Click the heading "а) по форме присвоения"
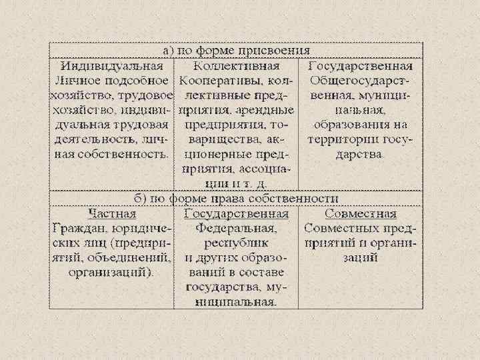[x=237, y=51]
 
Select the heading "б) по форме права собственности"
[x=237, y=199]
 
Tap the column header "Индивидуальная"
[x=112, y=66]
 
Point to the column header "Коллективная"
[x=237, y=66]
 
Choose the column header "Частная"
[x=112, y=214]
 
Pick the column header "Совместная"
[x=361, y=214]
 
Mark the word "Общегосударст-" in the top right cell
[x=361, y=81]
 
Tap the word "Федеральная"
[x=237, y=228]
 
